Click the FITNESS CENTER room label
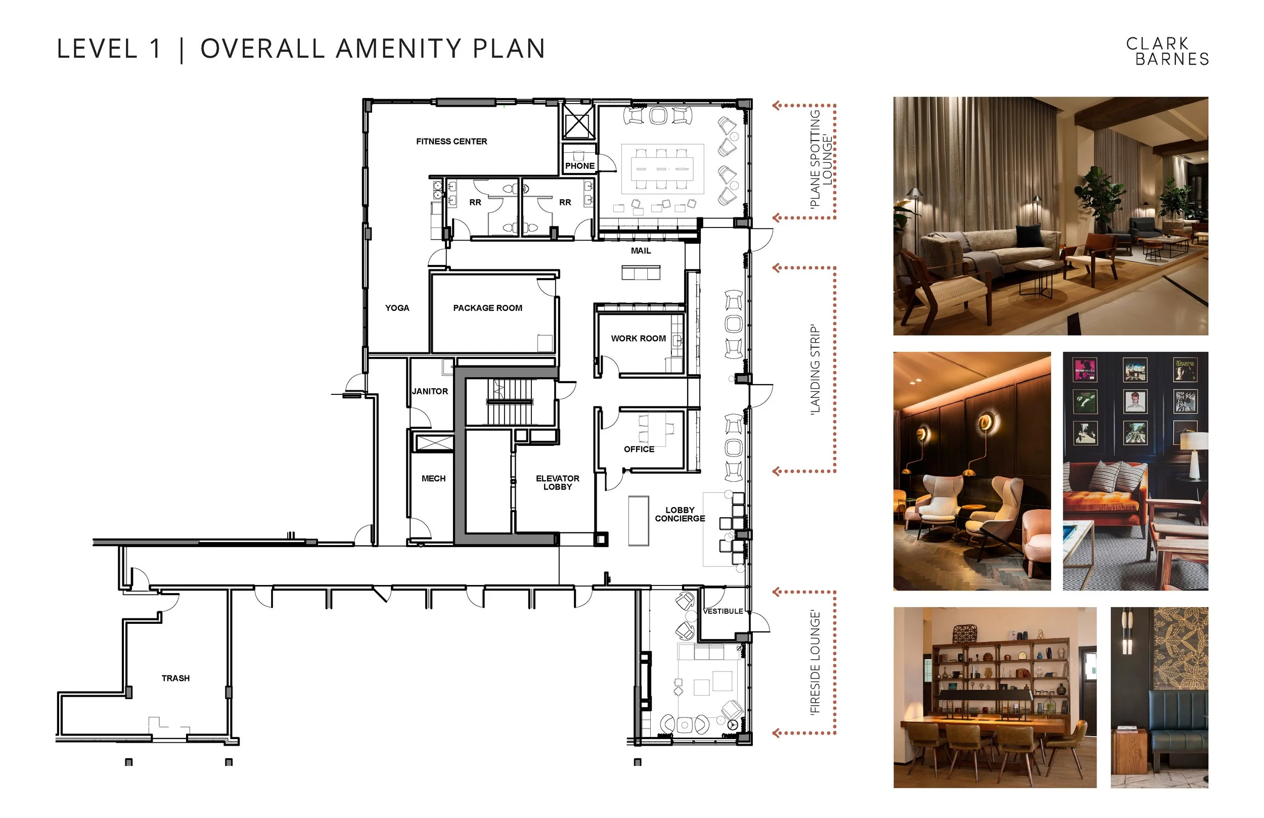[452, 141]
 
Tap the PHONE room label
[579, 166]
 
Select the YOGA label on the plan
[397, 308]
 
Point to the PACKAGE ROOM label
[487, 308]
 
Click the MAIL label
[641, 251]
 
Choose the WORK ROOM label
[639, 338]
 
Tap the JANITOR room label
[430, 391]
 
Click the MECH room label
[433, 479]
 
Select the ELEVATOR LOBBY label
[558, 482]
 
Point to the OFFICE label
[639, 449]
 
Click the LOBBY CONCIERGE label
[680, 514]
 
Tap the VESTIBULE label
[723, 611]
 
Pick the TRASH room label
[175, 678]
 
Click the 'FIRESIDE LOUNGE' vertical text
[815, 662]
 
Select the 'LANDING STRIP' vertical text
[815, 369]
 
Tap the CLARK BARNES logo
[1167, 51]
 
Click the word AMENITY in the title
[399, 49]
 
